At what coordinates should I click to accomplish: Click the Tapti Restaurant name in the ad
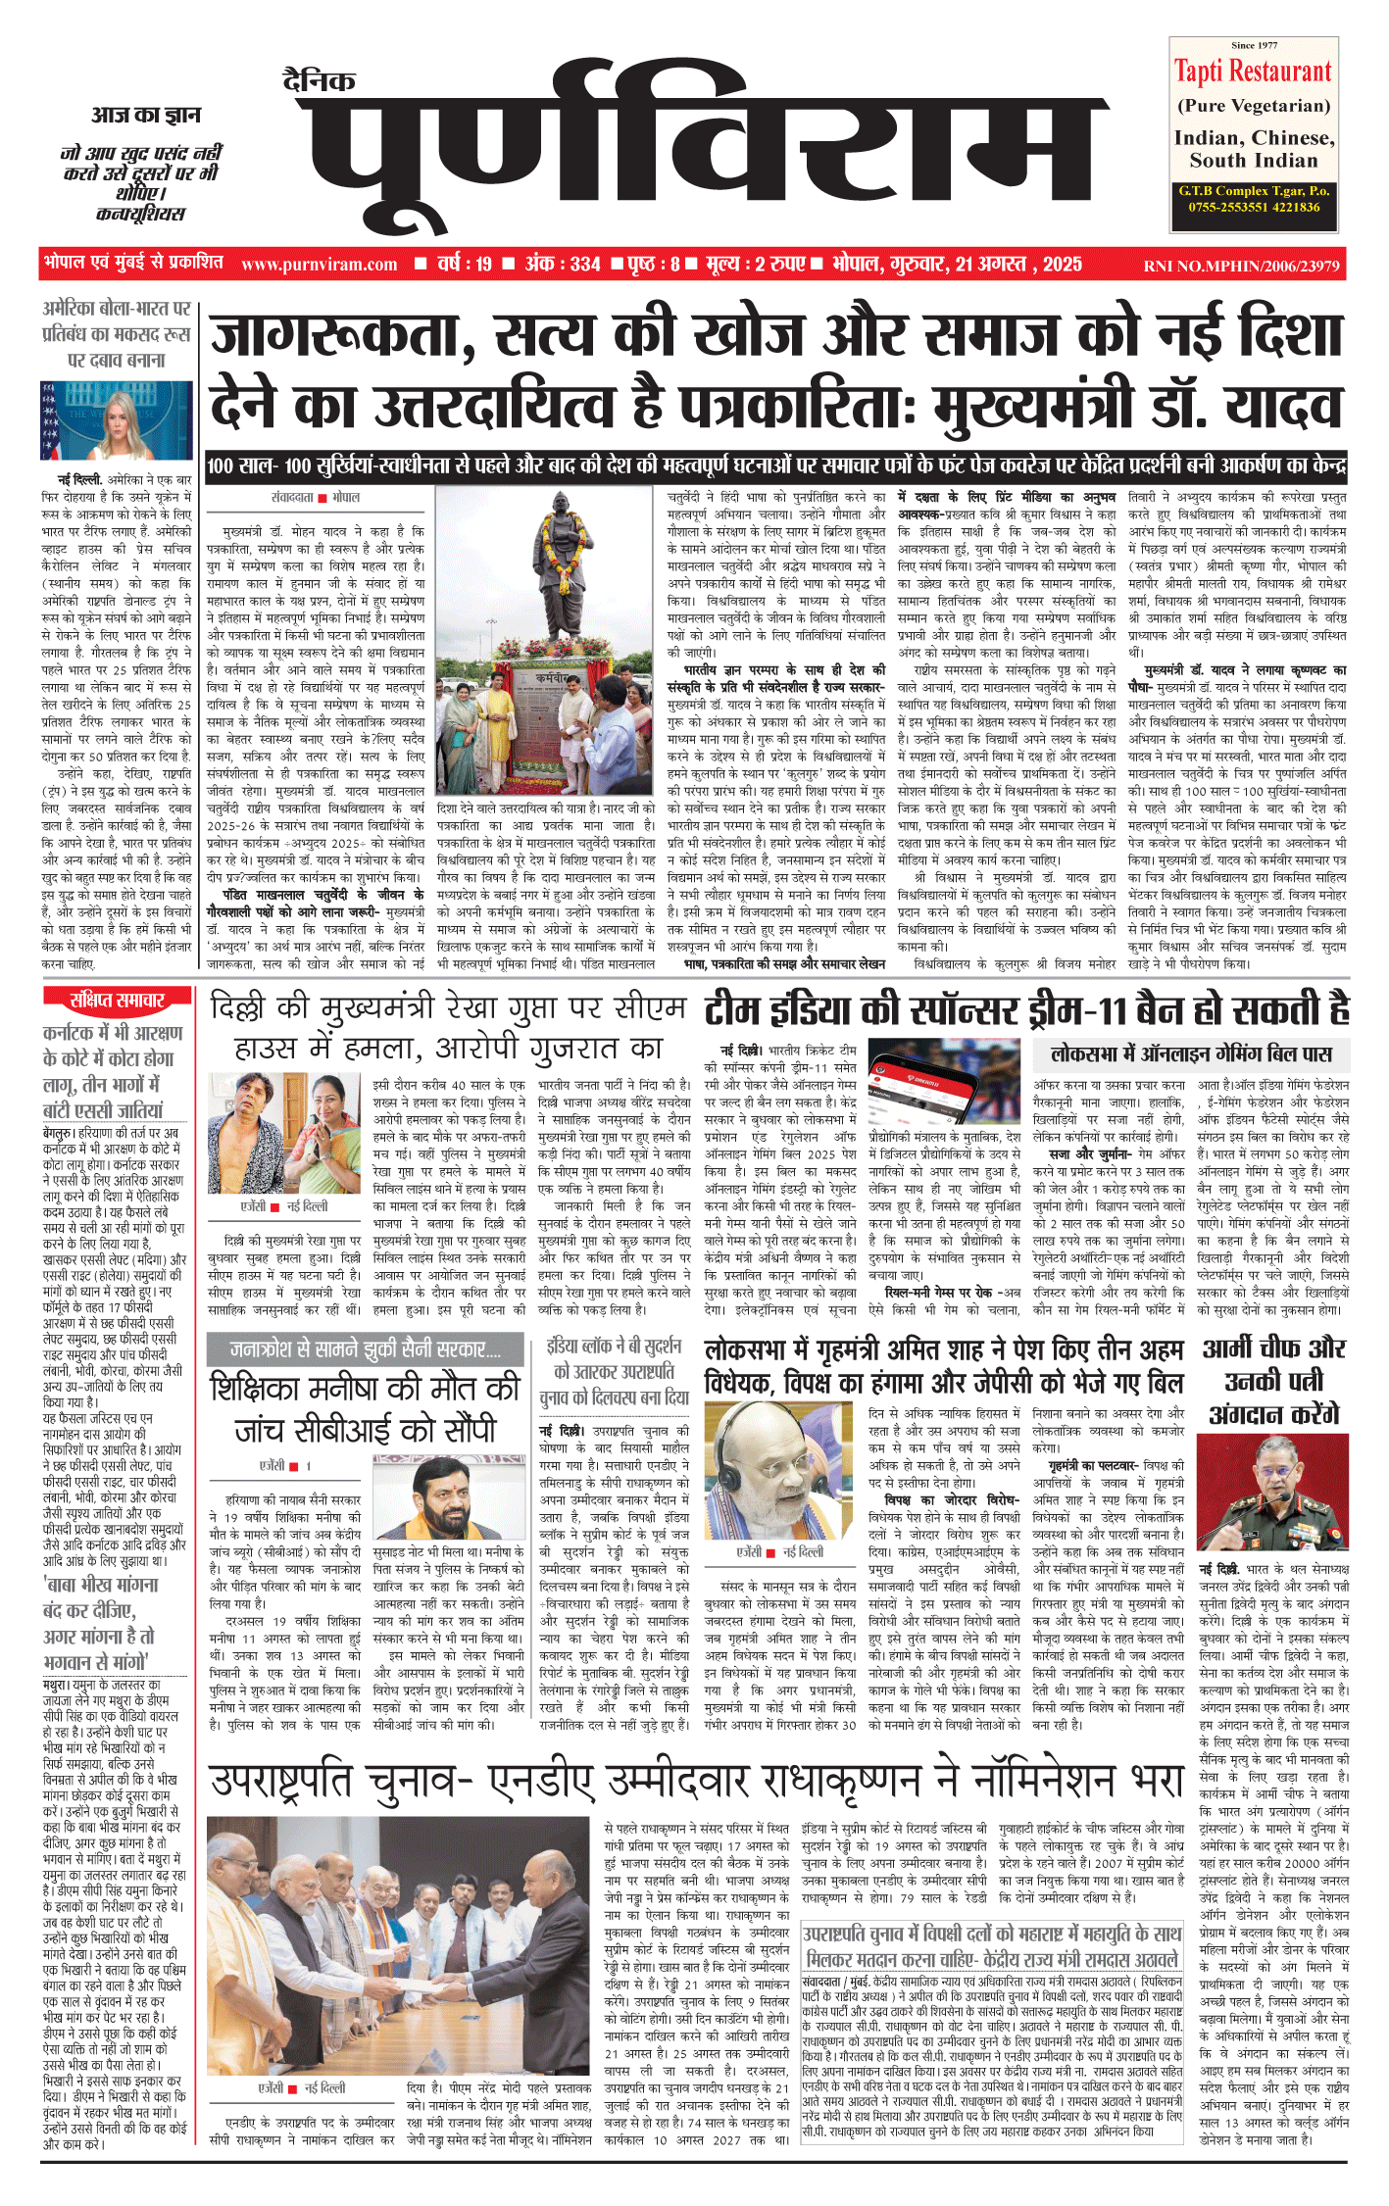(x=1253, y=72)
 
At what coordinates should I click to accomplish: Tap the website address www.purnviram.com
(x=319, y=265)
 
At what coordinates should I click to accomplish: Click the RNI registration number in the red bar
(x=1241, y=266)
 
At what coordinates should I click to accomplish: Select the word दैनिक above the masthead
(x=319, y=80)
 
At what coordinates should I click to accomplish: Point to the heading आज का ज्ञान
(x=146, y=115)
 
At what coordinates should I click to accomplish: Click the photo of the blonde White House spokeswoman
(x=116, y=420)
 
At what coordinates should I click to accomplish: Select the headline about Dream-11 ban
(x=1025, y=1010)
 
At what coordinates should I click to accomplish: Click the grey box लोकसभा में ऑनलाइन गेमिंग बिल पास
(x=1191, y=1054)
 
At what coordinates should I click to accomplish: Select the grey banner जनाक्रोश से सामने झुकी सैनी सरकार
(x=366, y=1349)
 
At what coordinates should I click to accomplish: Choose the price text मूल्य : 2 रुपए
(x=754, y=265)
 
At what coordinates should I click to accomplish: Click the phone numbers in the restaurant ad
(x=1253, y=207)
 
